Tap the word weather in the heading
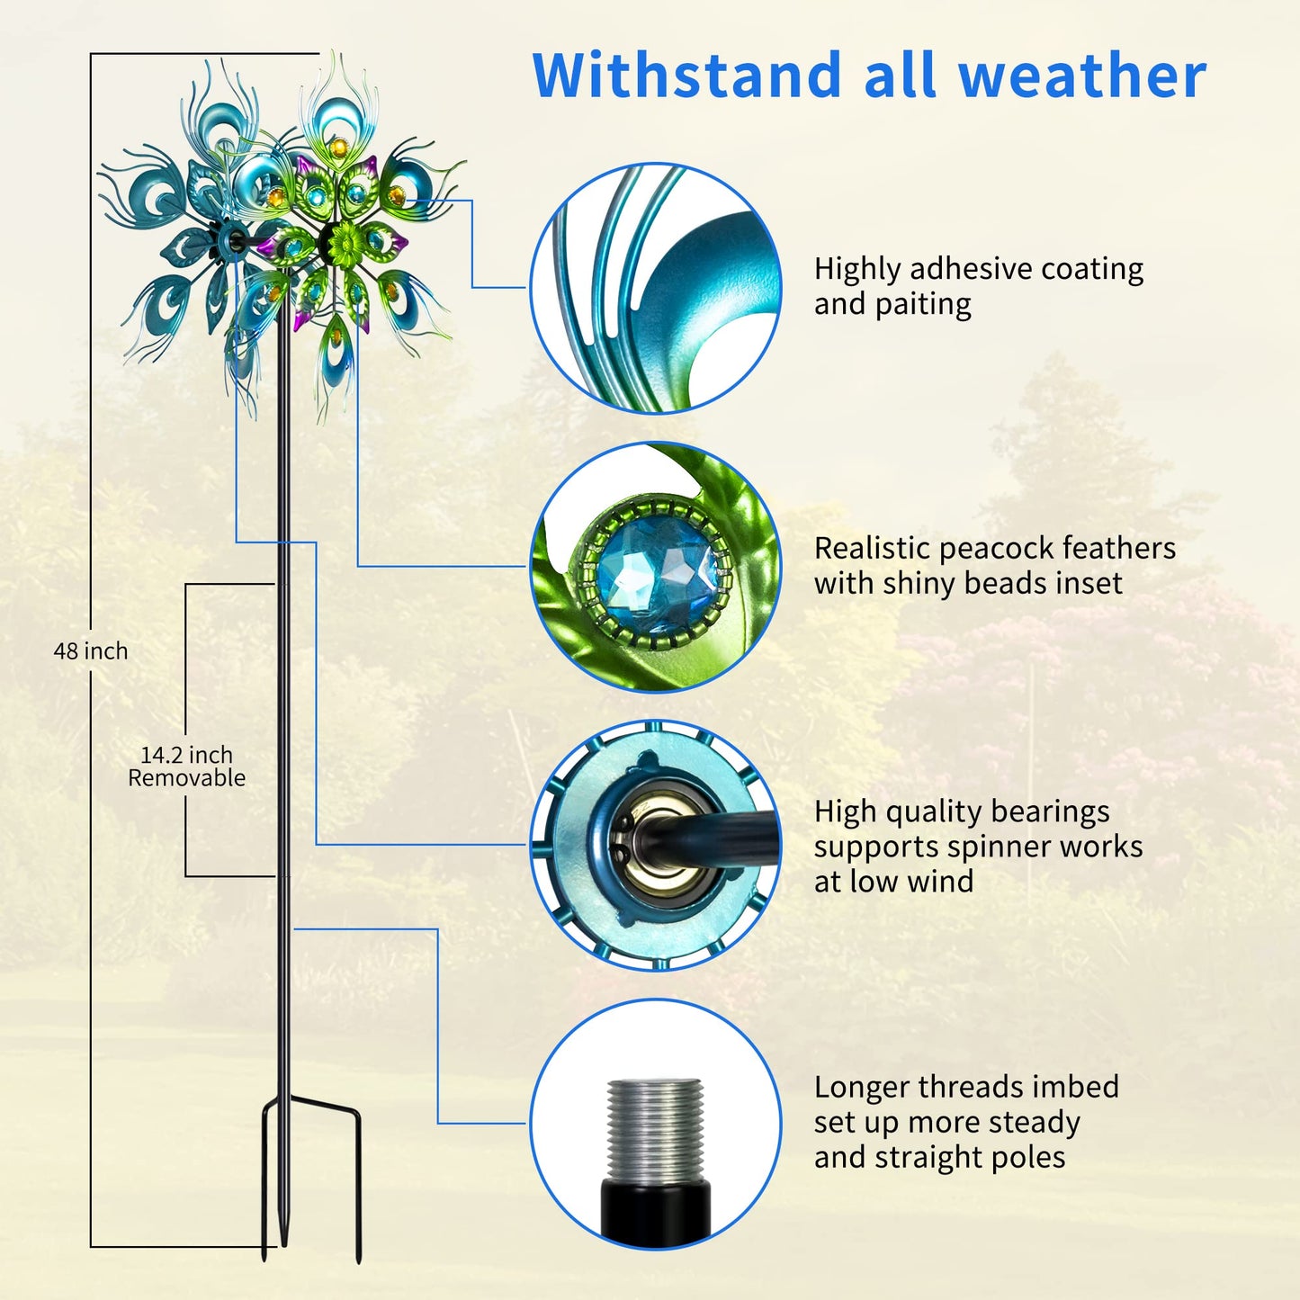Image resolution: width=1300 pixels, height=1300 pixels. click(x=1082, y=75)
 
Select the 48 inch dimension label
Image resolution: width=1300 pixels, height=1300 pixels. click(x=90, y=651)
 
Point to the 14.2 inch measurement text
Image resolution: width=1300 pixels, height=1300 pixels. click(x=186, y=755)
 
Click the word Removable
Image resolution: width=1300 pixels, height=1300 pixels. click(x=187, y=778)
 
